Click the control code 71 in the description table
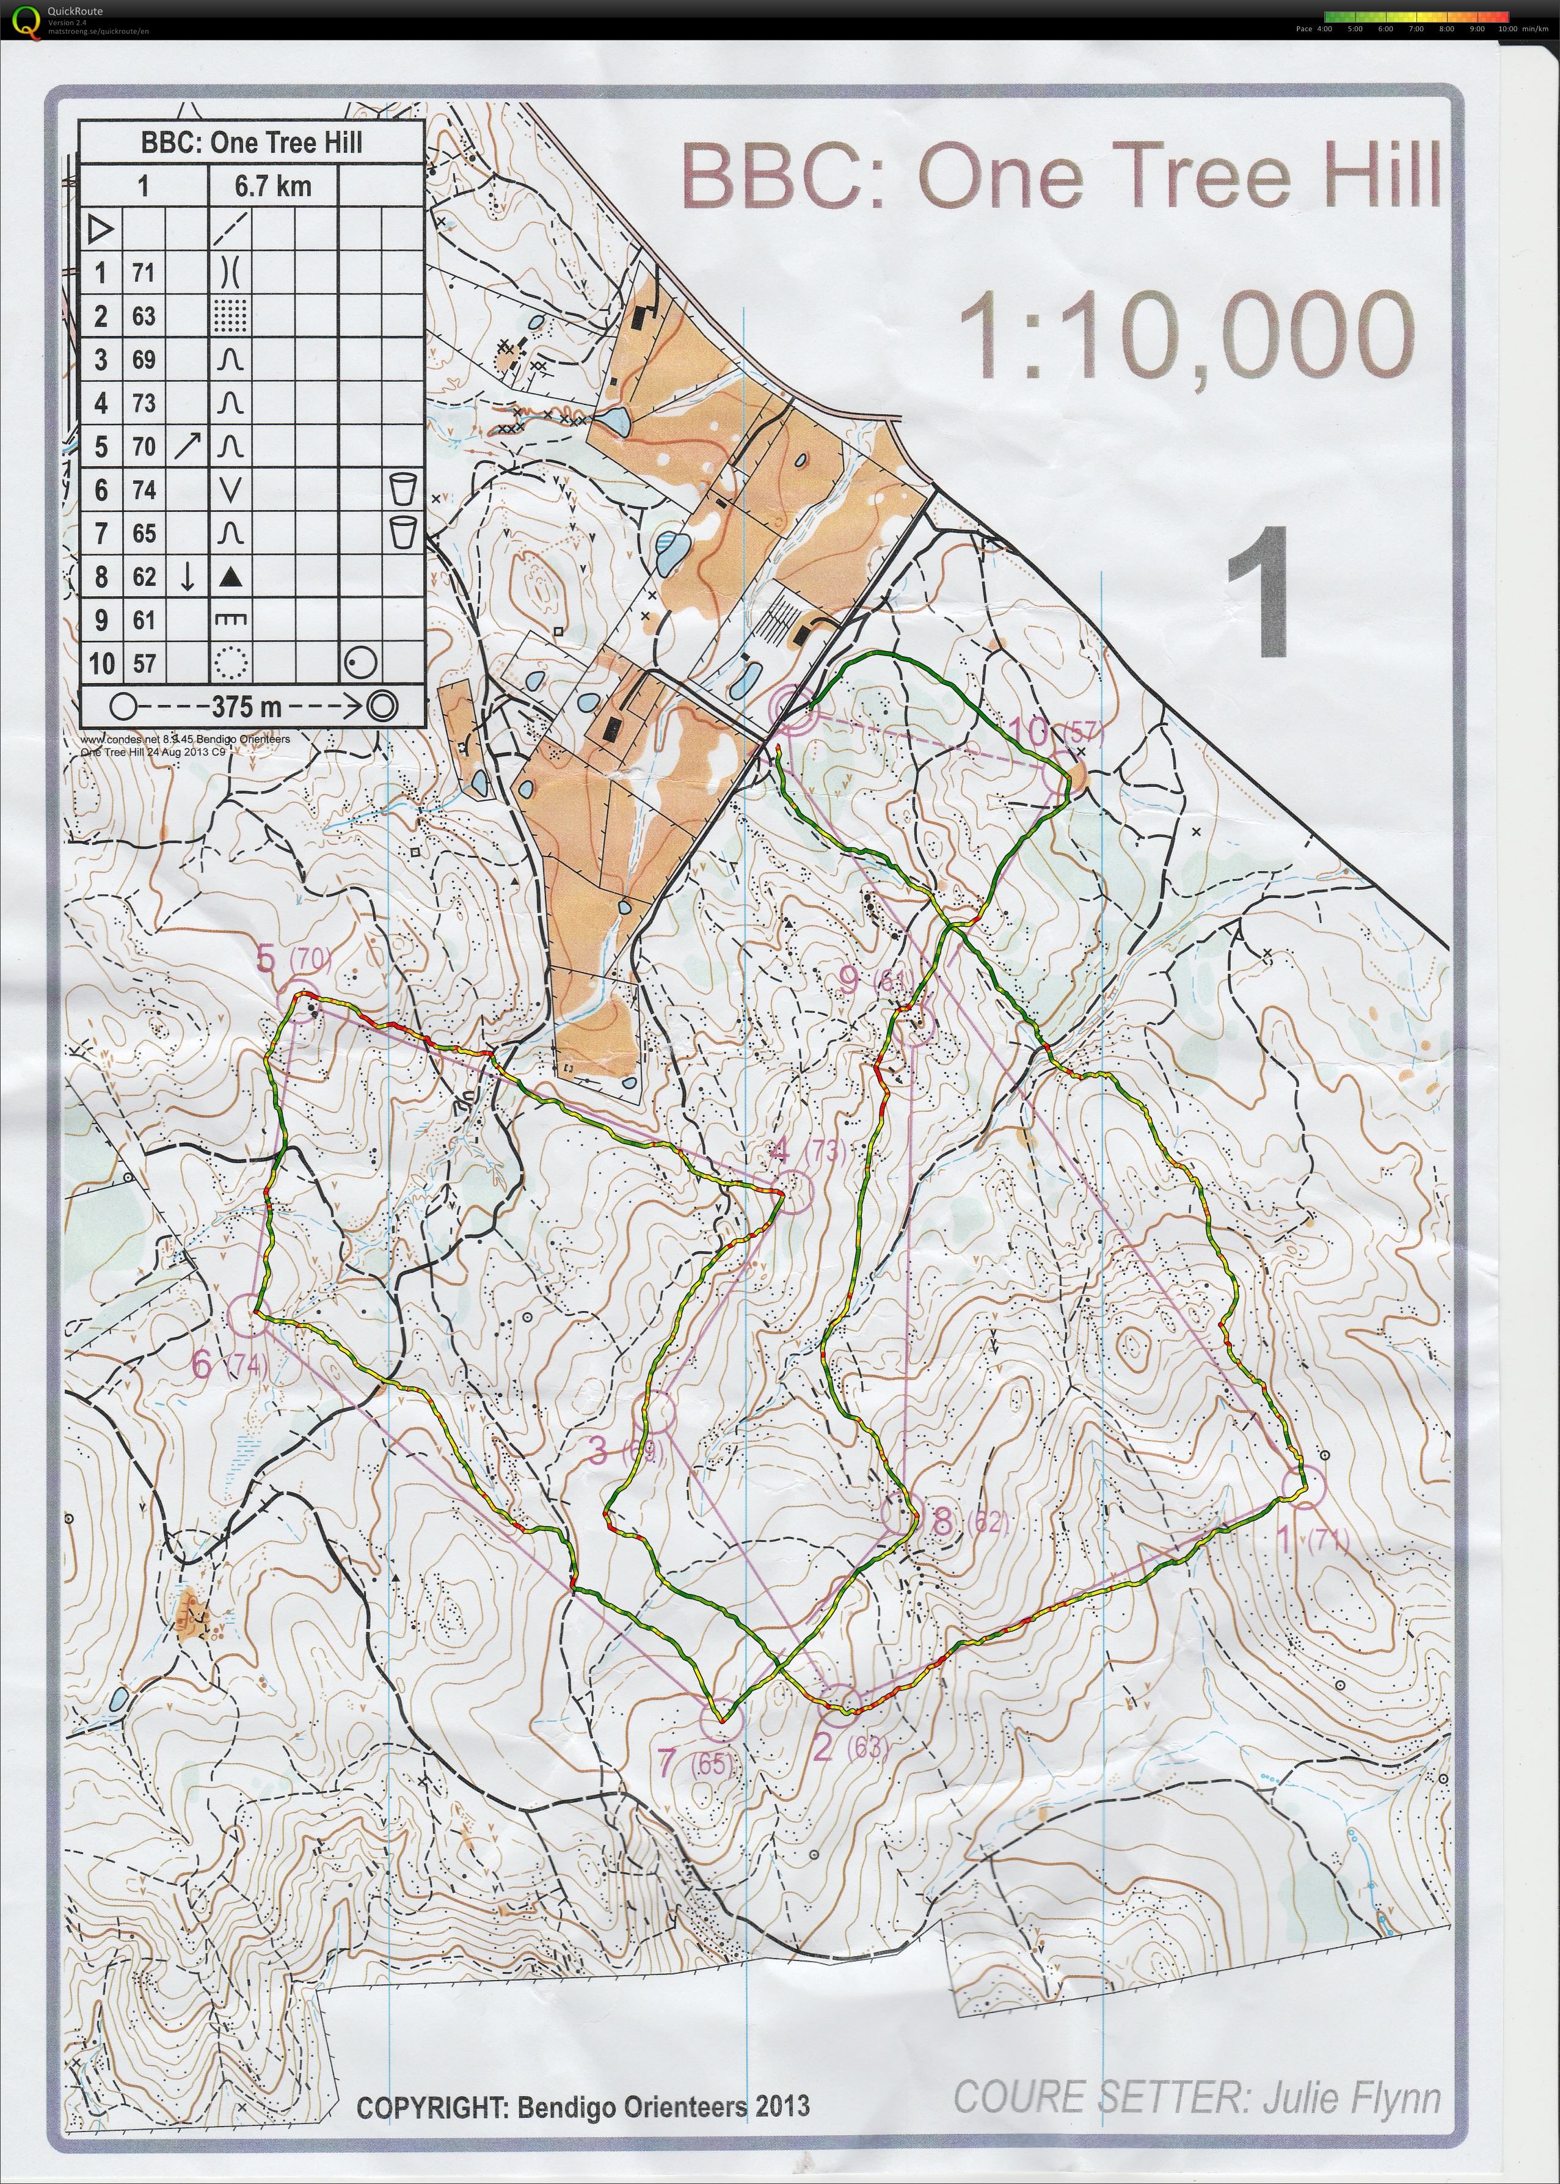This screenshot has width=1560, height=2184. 143,273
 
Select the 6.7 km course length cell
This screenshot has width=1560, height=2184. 273,186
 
